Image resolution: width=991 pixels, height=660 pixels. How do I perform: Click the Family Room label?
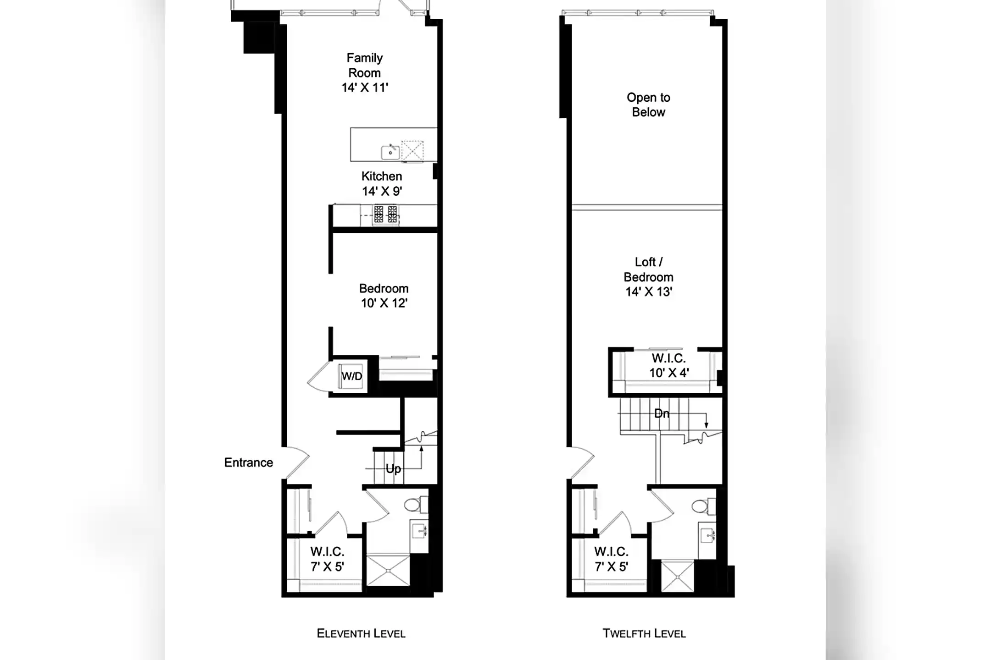365,65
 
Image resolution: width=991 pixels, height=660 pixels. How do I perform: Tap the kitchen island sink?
390,152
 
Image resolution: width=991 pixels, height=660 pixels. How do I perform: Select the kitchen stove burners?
385,214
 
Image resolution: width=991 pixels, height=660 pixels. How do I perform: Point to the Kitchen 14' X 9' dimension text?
382,191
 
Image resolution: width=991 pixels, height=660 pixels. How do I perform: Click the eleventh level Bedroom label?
384,288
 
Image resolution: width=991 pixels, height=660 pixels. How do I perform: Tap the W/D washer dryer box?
351,376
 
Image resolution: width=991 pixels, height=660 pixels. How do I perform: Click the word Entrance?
249,462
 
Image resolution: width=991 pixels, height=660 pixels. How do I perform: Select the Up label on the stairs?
393,468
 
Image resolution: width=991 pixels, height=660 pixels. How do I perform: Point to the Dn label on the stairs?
662,413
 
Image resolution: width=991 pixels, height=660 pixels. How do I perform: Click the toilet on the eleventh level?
416,505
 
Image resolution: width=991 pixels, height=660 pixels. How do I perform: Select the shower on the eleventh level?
388,570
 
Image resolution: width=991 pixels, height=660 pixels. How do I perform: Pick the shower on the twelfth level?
677,576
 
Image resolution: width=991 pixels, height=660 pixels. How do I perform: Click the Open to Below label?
648,104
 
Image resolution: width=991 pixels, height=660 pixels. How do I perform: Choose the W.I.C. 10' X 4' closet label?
669,365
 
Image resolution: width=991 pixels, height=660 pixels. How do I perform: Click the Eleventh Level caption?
361,633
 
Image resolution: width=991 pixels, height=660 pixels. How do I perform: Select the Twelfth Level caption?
644,633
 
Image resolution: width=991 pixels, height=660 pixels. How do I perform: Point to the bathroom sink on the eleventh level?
419,532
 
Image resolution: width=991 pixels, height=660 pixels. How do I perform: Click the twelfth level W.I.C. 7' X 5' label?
611,559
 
